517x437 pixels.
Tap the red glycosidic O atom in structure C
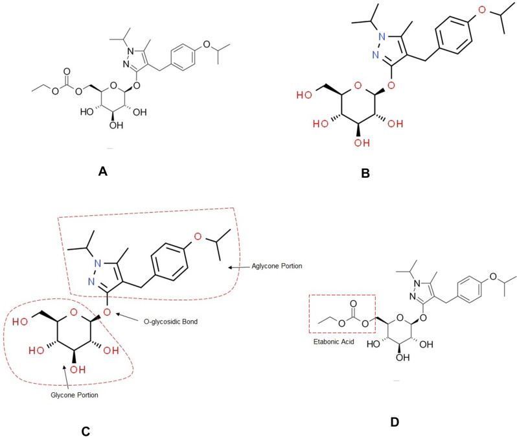[108, 313]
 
